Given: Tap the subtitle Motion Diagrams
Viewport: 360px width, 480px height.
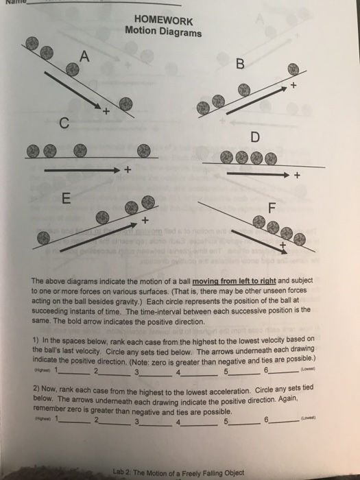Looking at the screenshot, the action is [163, 32].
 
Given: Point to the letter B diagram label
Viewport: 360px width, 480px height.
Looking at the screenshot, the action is [239, 65].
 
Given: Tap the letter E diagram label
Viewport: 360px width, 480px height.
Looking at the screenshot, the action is [66, 199].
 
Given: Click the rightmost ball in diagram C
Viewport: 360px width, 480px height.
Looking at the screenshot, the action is [143, 149].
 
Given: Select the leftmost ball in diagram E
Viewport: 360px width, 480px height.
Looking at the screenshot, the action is [43, 236].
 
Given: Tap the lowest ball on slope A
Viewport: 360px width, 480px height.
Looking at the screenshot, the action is [125, 103].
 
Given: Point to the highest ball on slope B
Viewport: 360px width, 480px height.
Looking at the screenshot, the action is [293, 69].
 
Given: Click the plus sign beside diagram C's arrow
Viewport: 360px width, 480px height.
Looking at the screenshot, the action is [127, 170].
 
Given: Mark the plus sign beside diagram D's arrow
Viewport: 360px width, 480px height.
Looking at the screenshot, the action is [297, 176].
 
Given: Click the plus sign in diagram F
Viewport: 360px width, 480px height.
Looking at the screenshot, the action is [281, 244].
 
